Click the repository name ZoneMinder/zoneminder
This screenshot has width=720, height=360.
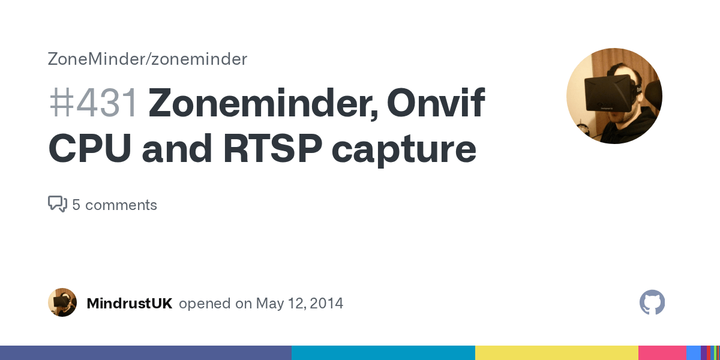coord(148,59)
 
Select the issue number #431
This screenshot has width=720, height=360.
coord(93,103)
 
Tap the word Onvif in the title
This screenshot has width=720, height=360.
coord(436,103)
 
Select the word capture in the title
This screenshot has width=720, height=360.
coord(404,150)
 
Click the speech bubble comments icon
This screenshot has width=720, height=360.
coord(57,205)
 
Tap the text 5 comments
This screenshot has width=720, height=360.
coord(115,205)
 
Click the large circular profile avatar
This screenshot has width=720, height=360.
coord(614,96)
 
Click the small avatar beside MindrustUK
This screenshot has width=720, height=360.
coord(62,302)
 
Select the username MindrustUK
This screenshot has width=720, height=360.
coord(130,304)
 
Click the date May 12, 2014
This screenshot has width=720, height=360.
coord(299,304)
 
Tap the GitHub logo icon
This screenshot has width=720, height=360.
coord(652,302)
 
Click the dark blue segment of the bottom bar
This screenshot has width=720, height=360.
coord(146,353)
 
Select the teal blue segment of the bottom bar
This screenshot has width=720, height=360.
coord(383,353)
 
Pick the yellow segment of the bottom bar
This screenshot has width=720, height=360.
coord(556,353)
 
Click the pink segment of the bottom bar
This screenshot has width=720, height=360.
coord(662,353)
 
